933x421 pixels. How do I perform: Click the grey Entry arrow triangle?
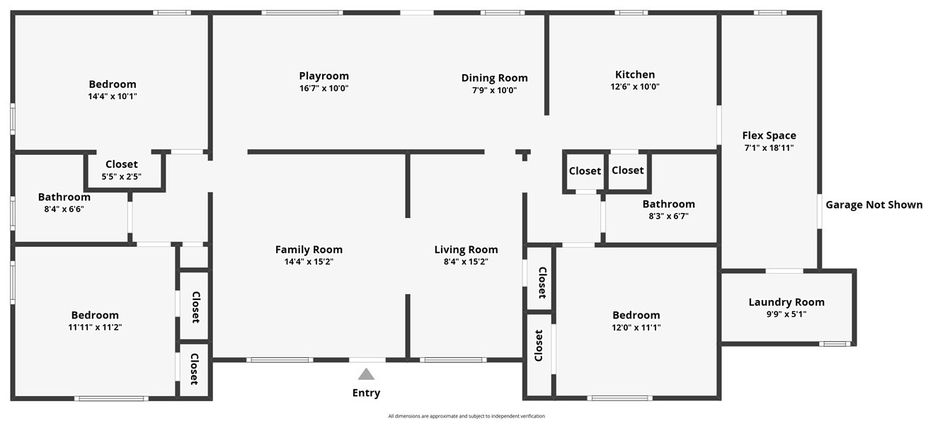[x=366, y=374]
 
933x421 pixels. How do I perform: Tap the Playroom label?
[x=324, y=76]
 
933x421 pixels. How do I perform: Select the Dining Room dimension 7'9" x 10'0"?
[x=494, y=90]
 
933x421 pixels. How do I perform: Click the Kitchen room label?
[x=634, y=74]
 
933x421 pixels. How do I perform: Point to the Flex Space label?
[x=769, y=135]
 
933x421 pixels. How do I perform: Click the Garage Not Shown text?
[x=874, y=204]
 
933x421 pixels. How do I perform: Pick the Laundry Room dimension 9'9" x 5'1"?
[x=786, y=314]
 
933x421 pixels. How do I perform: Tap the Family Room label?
[x=309, y=249]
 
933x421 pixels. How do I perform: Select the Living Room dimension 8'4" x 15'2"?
[x=466, y=261]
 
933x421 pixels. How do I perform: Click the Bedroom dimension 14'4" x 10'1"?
[x=112, y=96]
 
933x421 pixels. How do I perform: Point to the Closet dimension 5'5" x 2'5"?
[x=122, y=176]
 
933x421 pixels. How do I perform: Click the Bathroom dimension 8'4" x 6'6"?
[x=64, y=209]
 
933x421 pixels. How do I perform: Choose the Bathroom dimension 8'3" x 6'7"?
[x=668, y=216]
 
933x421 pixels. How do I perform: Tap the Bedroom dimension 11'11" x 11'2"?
[x=95, y=327]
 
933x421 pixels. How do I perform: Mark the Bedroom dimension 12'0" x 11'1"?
[x=636, y=327]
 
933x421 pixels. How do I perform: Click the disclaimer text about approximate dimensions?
[x=466, y=416]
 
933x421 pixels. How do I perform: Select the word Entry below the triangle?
[x=366, y=393]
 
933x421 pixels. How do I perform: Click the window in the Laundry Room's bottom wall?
[x=835, y=344]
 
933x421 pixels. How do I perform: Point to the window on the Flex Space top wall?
[x=769, y=12]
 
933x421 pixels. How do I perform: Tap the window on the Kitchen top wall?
[x=631, y=12]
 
